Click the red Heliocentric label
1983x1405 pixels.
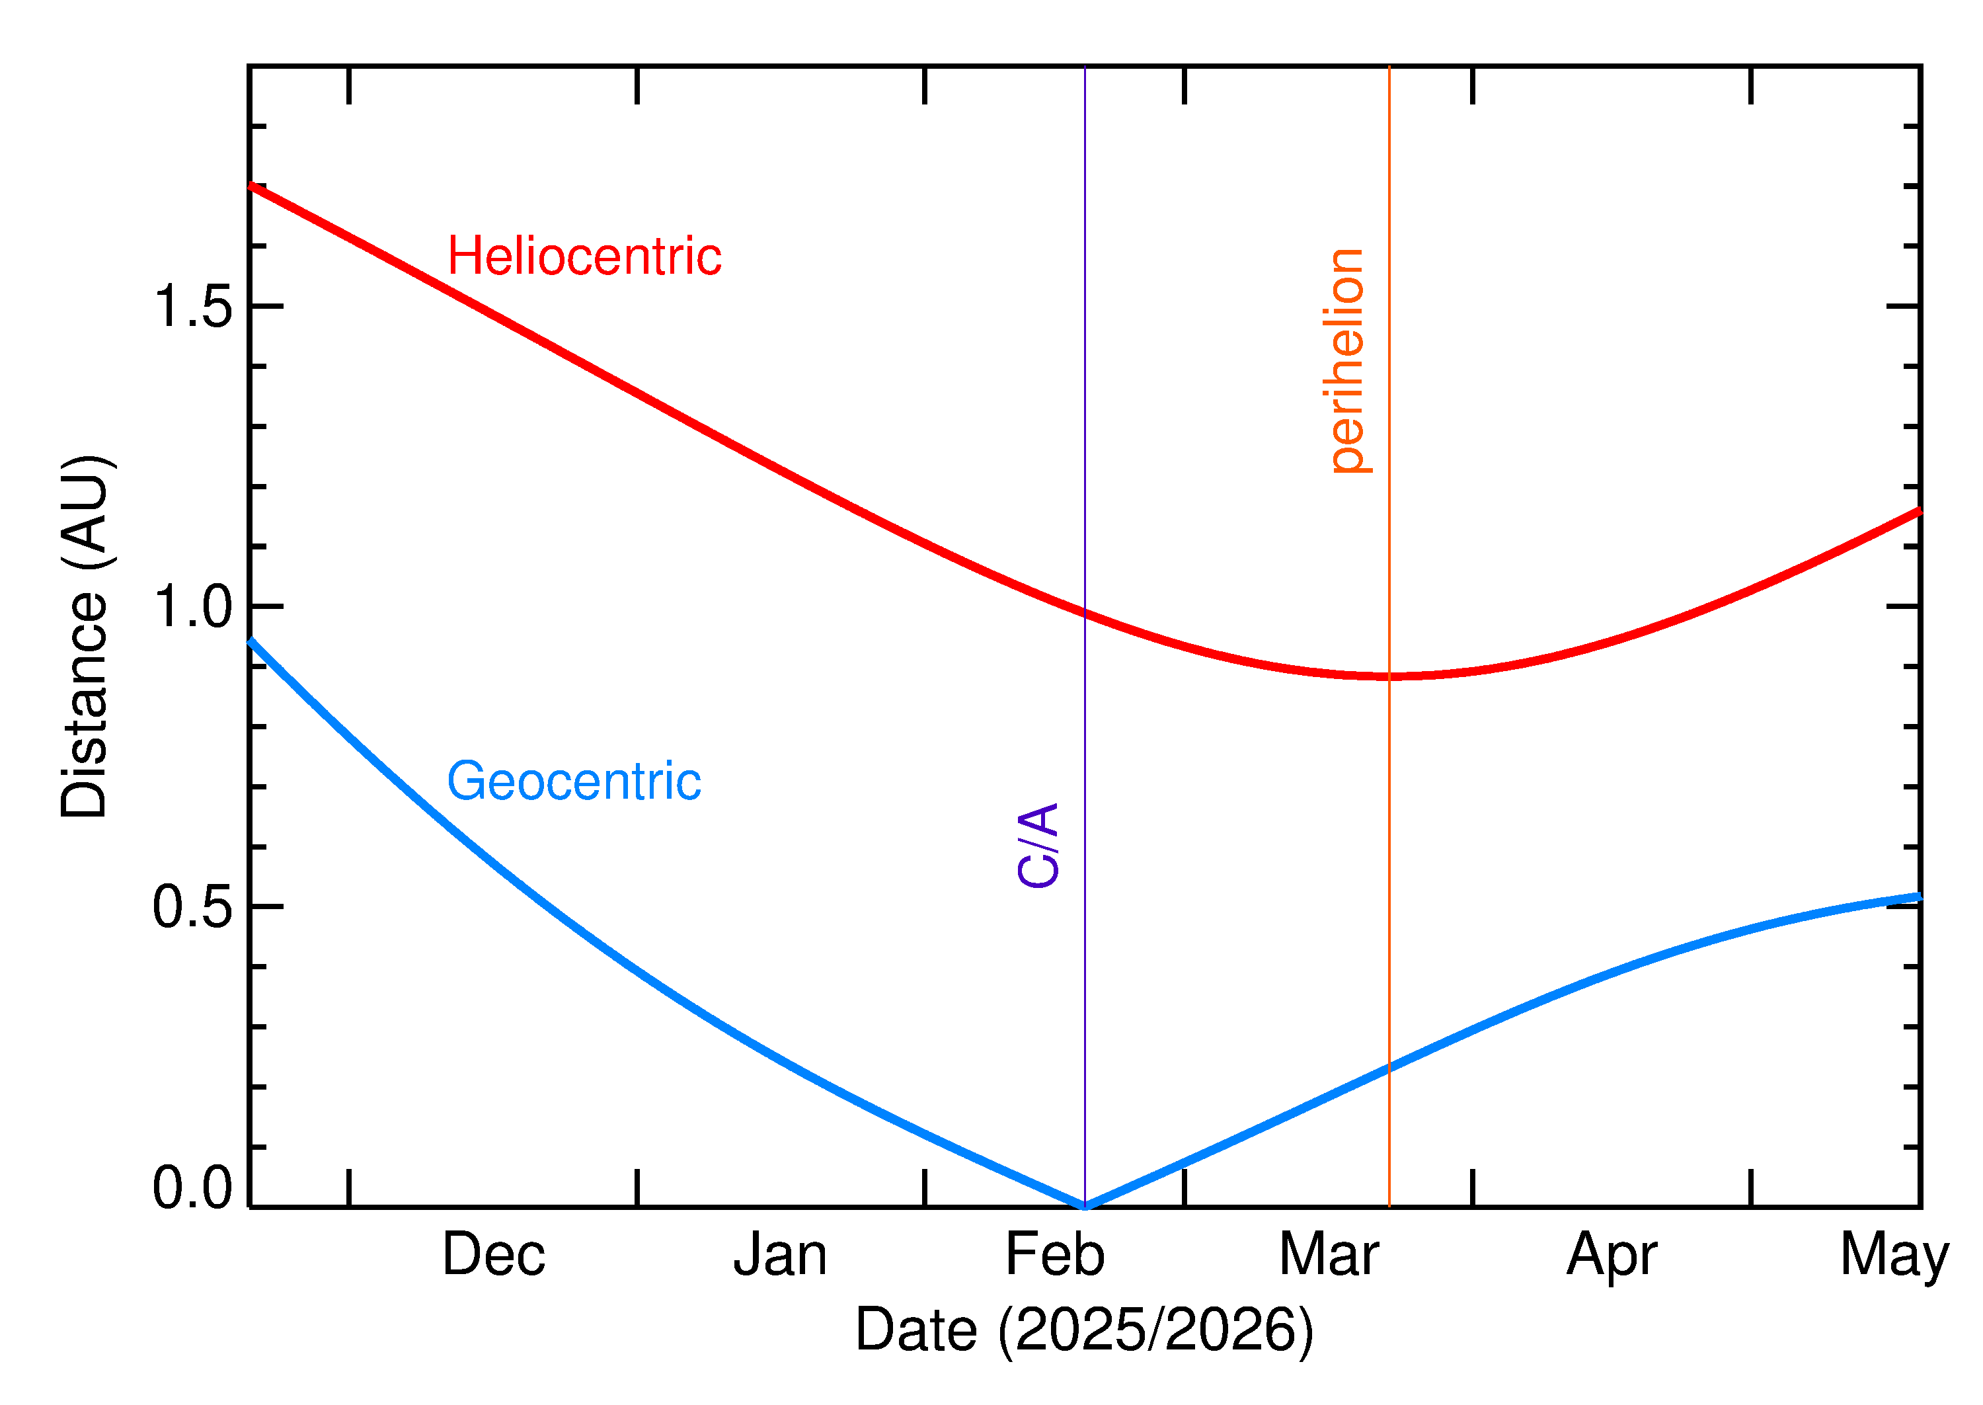pyautogui.click(x=584, y=257)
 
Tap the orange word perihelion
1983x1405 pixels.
pyautogui.click(x=1346, y=361)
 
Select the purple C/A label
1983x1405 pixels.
pyautogui.click(x=1038, y=845)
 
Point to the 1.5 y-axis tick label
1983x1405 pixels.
pyautogui.click(x=192, y=306)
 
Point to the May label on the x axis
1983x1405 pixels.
pyautogui.click(x=1894, y=1256)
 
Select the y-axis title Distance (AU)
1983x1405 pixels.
pyautogui.click(x=85, y=636)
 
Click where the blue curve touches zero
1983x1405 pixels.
pyautogui.click(x=1085, y=1205)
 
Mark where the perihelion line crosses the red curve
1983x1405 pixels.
pyautogui.click(x=1389, y=676)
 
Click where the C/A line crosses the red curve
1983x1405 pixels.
pyautogui.click(x=1085, y=612)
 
